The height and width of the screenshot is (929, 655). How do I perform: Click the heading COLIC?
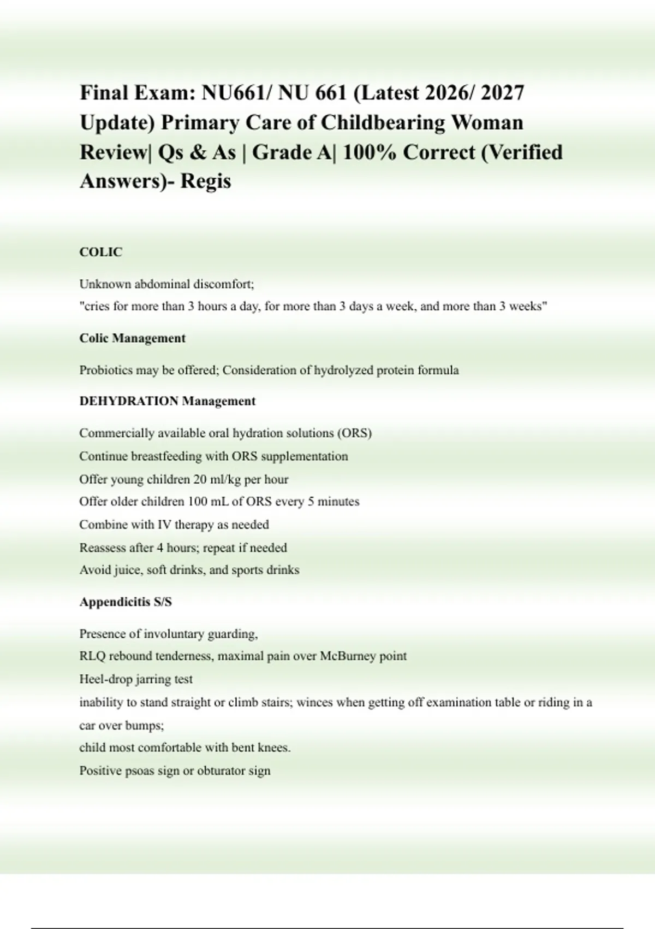(101, 252)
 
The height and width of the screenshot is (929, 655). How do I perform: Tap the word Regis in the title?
(206, 181)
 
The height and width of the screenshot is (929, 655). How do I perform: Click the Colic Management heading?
(133, 338)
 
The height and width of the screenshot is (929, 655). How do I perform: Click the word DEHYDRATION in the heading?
(129, 401)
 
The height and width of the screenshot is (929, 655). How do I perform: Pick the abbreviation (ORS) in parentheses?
(354, 433)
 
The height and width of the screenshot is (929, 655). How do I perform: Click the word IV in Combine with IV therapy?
(165, 525)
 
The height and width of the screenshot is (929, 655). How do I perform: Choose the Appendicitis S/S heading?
(126, 602)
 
